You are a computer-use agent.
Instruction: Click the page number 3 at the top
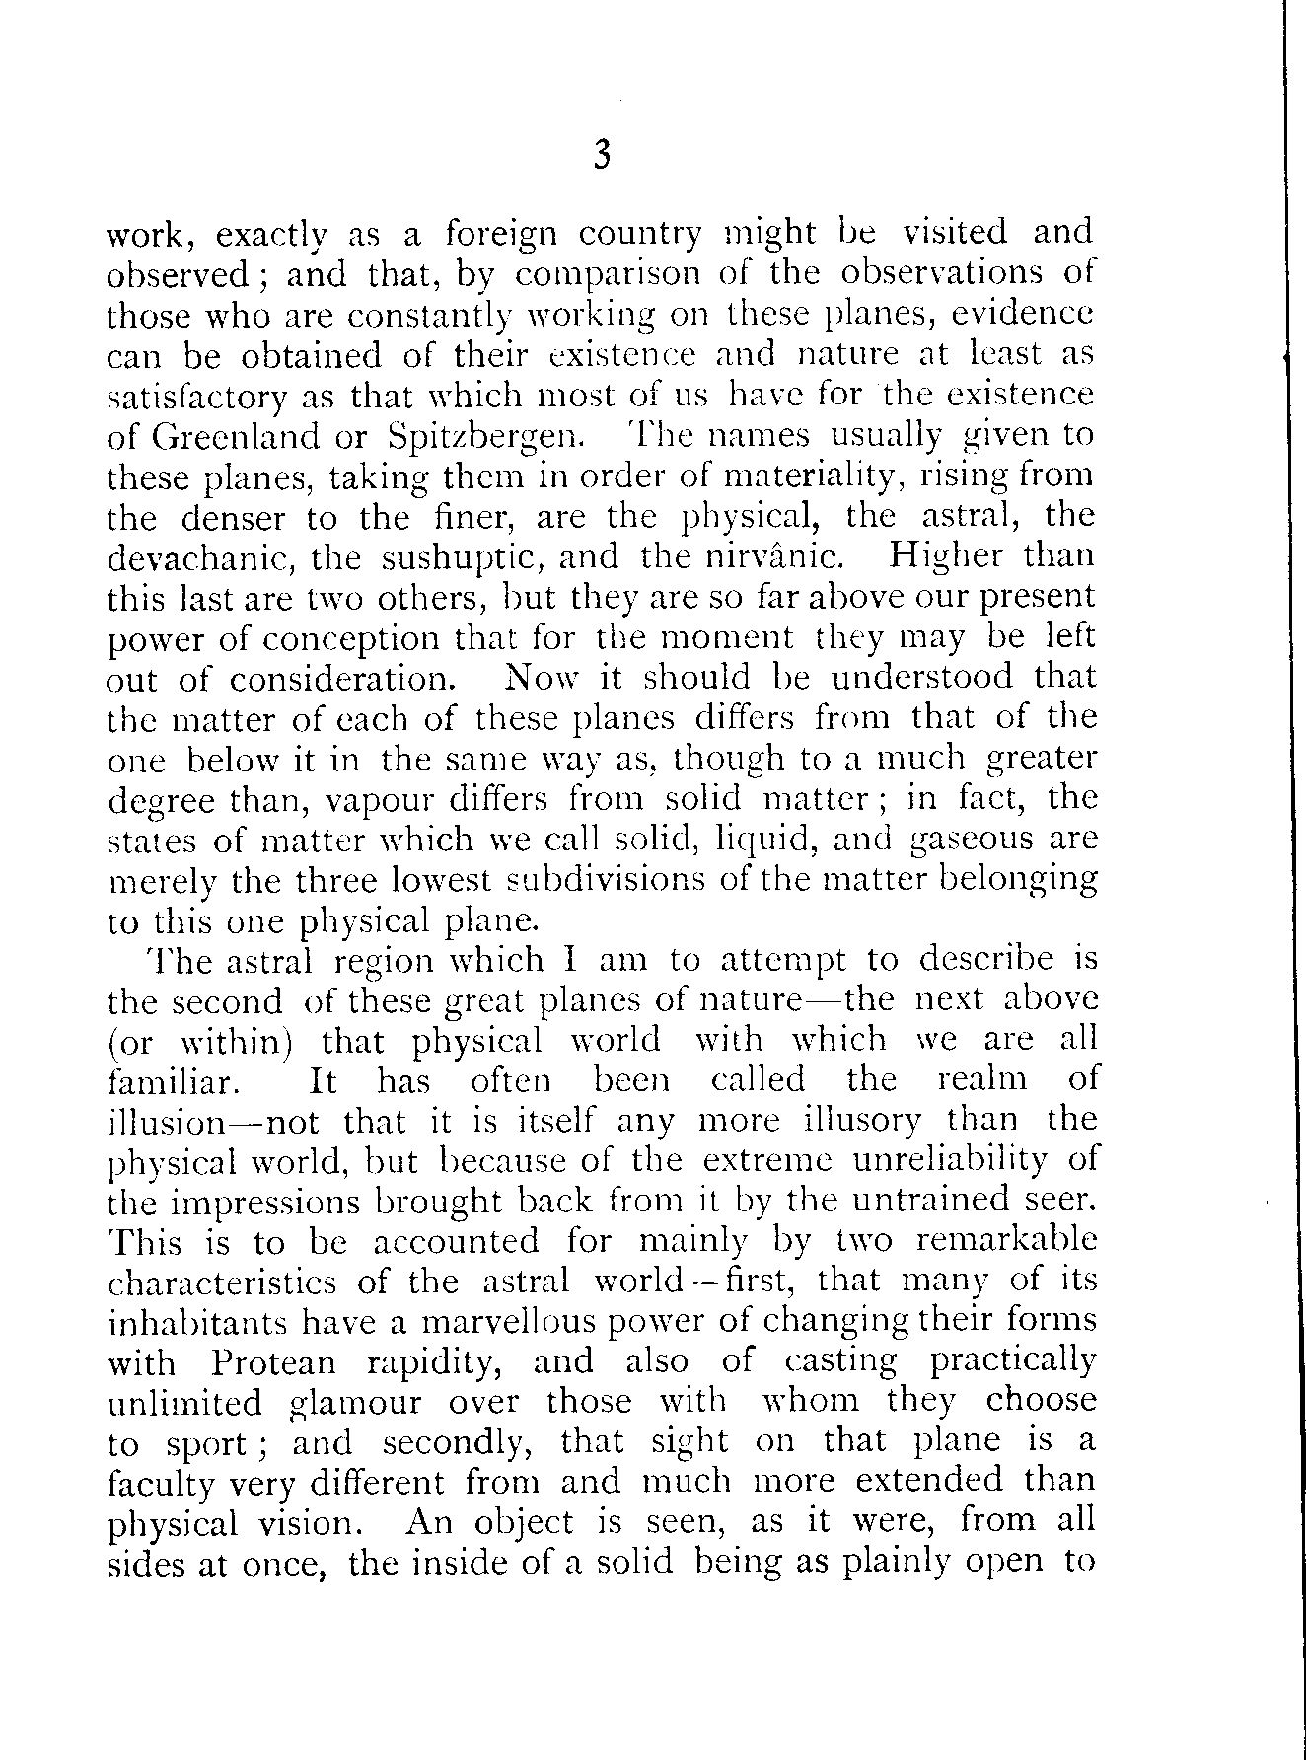[x=604, y=157]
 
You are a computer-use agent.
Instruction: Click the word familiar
[x=172, y=1081]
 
